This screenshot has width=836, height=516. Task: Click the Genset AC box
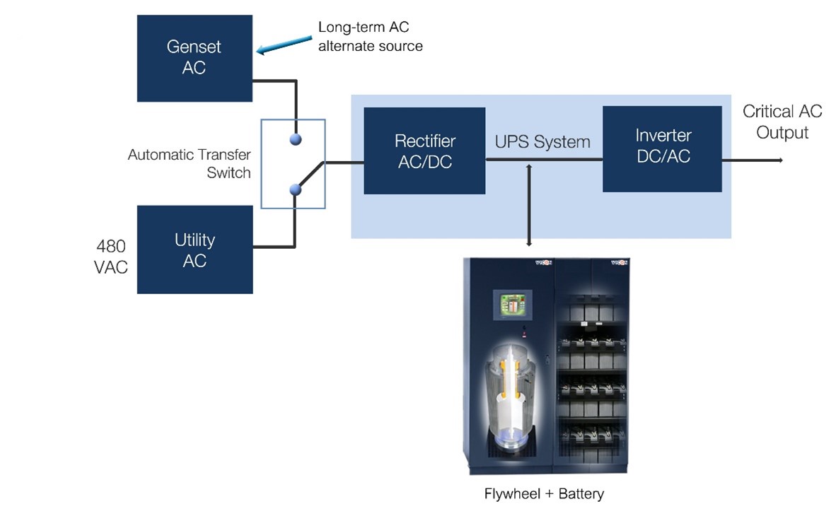tap(195, 57)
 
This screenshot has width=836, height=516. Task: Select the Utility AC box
tap(195, 250)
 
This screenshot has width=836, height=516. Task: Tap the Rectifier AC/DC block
tap(424, 151)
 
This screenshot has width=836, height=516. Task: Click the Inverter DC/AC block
tap(662, 148)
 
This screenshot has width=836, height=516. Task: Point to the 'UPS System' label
tap(542, 142)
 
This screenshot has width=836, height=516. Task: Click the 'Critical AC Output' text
tap(782, 122)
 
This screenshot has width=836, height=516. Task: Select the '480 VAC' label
tap(111, 257)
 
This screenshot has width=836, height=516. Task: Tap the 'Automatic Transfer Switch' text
tap(190, 163)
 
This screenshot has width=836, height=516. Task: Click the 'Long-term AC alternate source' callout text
tap(370, 37)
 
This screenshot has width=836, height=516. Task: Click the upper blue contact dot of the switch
tap(296, 139)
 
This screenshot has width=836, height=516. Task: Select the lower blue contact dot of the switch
tap(296, 189)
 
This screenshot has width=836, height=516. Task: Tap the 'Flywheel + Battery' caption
tap(544, 493)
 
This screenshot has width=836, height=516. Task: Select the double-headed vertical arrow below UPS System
tap(529, 205)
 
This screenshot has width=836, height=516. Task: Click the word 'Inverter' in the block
tap(663, 135)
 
